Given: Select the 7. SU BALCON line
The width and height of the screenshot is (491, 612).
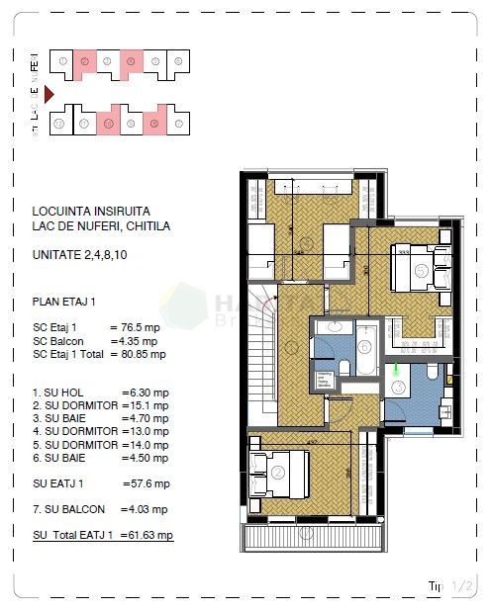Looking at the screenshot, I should pos(99,509).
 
